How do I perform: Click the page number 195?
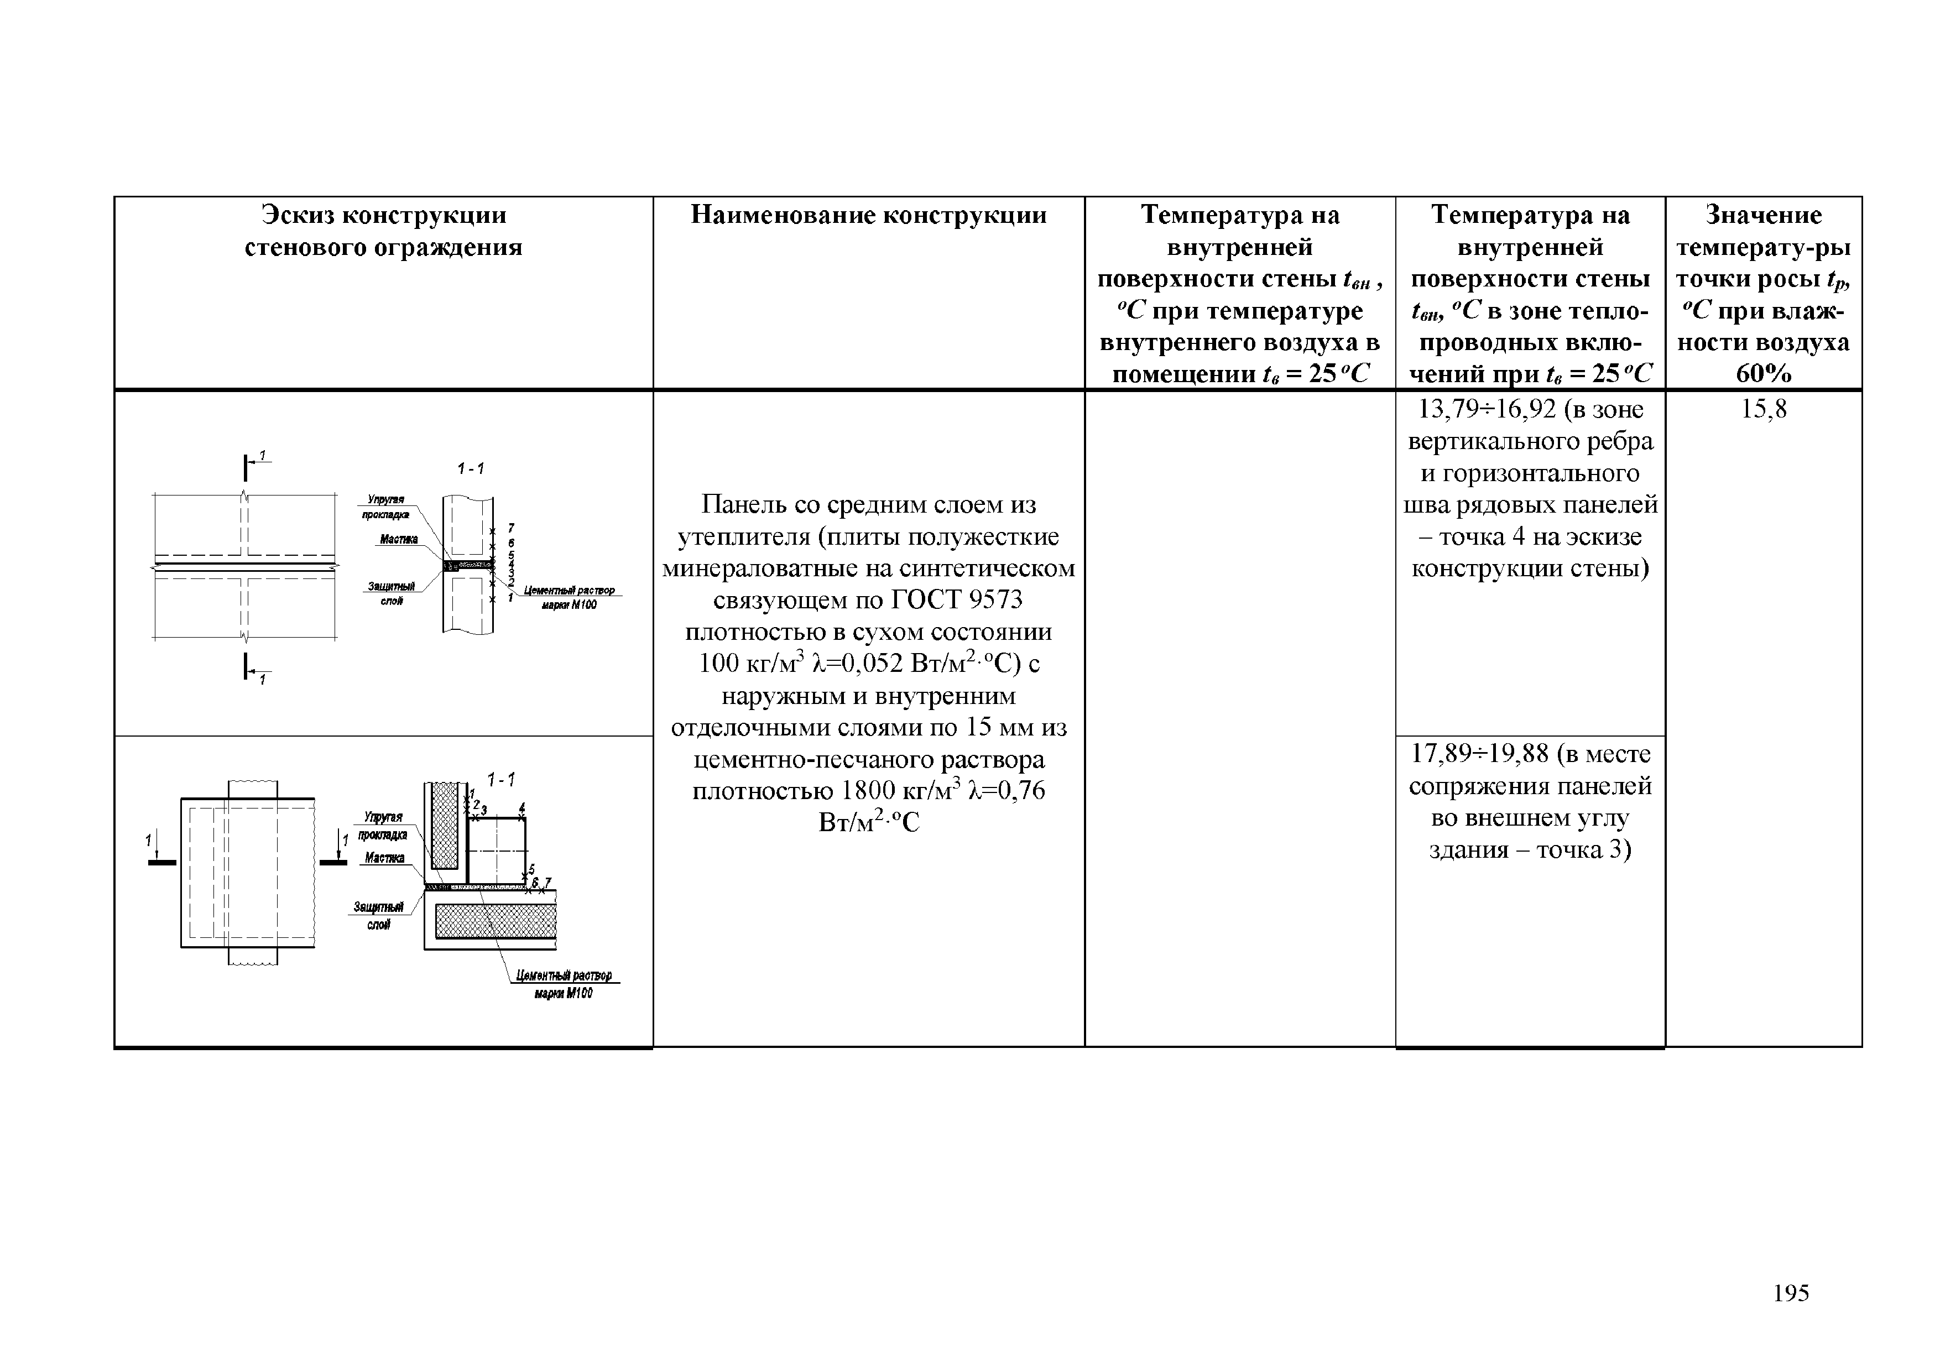point(1791,1292)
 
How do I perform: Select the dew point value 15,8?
point(1764,410)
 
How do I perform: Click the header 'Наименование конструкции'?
point(869,216)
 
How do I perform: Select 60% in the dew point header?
point(1764,373)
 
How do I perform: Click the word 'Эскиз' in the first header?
point(301,216)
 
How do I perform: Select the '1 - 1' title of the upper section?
point(471,469)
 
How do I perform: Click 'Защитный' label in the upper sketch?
point(391,586)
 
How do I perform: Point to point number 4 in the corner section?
point(522,807)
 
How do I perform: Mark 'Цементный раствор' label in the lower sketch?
point(565,976)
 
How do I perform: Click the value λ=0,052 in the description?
point(858,664)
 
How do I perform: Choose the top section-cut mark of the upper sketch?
point(250,464)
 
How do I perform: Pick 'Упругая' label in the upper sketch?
point(385,500)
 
